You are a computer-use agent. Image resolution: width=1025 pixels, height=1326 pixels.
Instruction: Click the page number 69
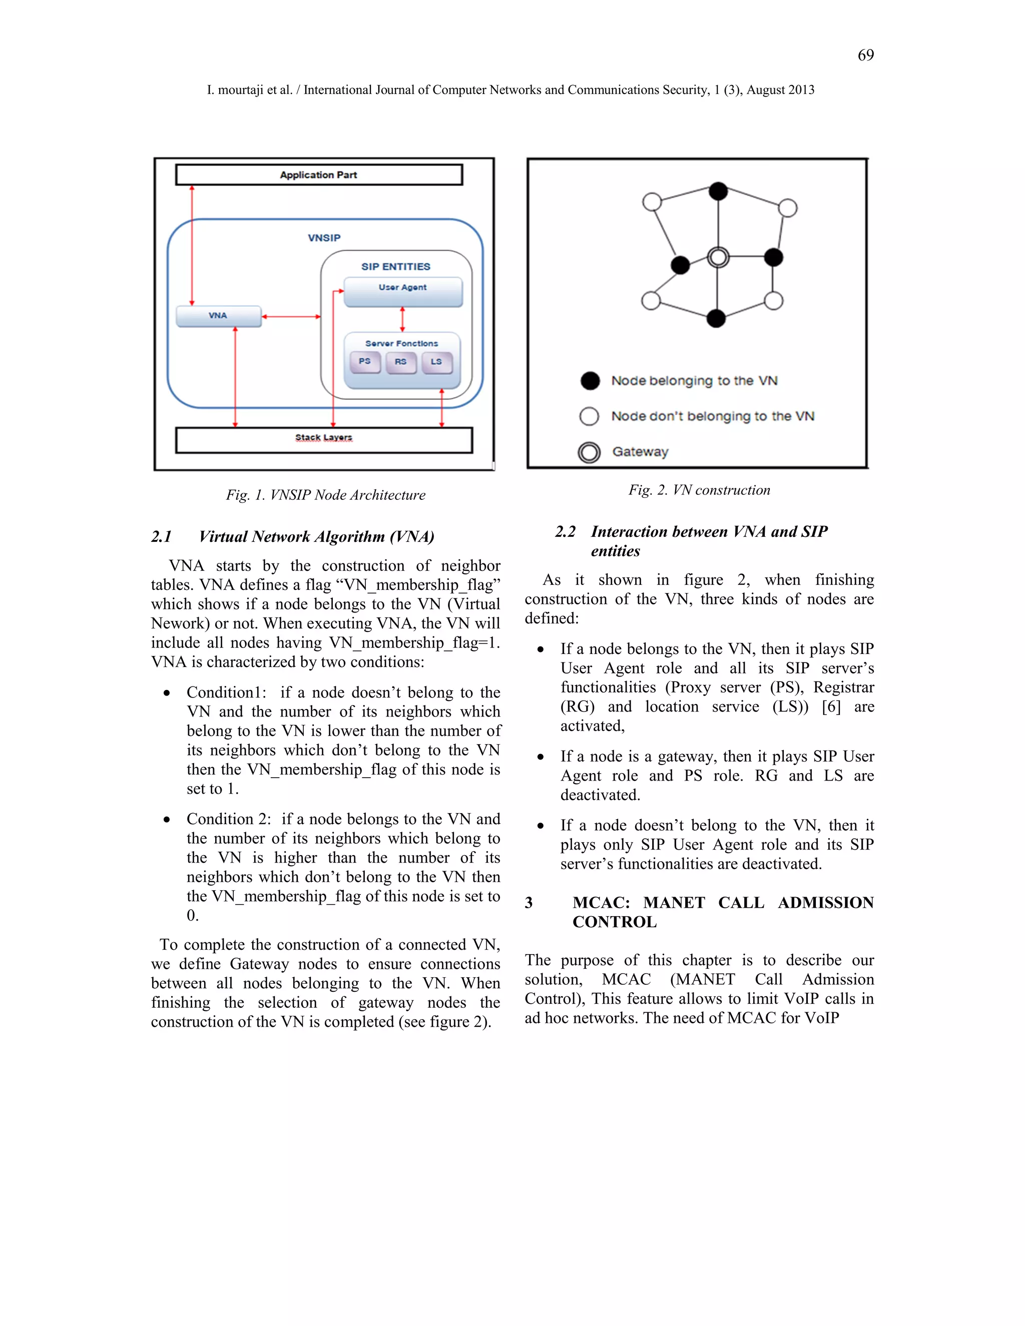pos(865,55)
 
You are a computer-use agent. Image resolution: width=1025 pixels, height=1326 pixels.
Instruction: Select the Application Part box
pos(319,175)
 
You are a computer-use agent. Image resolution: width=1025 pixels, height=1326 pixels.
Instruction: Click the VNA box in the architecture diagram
pos(219,316)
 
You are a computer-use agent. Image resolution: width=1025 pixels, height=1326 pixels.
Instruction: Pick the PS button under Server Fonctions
pos(365,362)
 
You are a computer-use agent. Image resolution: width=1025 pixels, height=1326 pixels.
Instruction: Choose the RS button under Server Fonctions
pos(401,362)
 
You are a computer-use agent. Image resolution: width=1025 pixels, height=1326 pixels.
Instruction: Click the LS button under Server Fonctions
pos(436,362)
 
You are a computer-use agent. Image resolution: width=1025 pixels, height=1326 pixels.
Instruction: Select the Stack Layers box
pos(324,439)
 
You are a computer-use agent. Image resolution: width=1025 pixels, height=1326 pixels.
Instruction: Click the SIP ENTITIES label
pos(395,267)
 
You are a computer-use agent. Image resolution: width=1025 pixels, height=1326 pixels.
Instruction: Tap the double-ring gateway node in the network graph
pos(718,257)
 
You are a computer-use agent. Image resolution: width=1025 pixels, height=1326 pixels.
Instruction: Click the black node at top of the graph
pos(718,191)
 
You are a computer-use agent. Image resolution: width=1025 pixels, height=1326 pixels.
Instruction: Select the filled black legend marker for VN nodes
pos(590,381)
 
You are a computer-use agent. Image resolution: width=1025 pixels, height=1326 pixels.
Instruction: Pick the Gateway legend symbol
pos(589,452)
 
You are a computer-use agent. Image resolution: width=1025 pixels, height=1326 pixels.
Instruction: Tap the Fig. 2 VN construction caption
pos(699,490)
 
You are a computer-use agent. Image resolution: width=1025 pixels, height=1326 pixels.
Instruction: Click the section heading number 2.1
pos(162,537)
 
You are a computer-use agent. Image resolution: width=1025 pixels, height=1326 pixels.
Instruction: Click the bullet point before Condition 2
pos(166,820)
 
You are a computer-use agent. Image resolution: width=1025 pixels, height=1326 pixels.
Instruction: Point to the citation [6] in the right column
pos(831,707)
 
